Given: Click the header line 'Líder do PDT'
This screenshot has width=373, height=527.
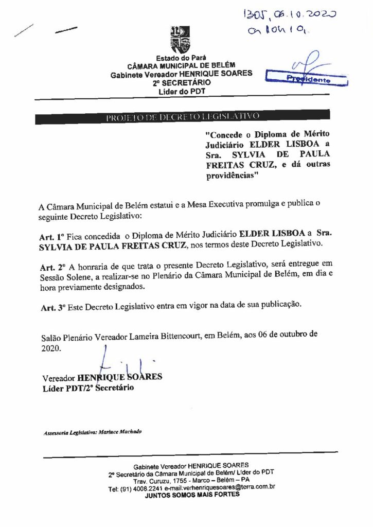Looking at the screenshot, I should pos(181,91).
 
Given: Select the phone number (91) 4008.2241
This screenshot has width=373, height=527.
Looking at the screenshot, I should pos(137,487).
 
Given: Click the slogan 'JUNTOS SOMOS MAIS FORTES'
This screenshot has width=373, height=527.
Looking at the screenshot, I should pos(191,495).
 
